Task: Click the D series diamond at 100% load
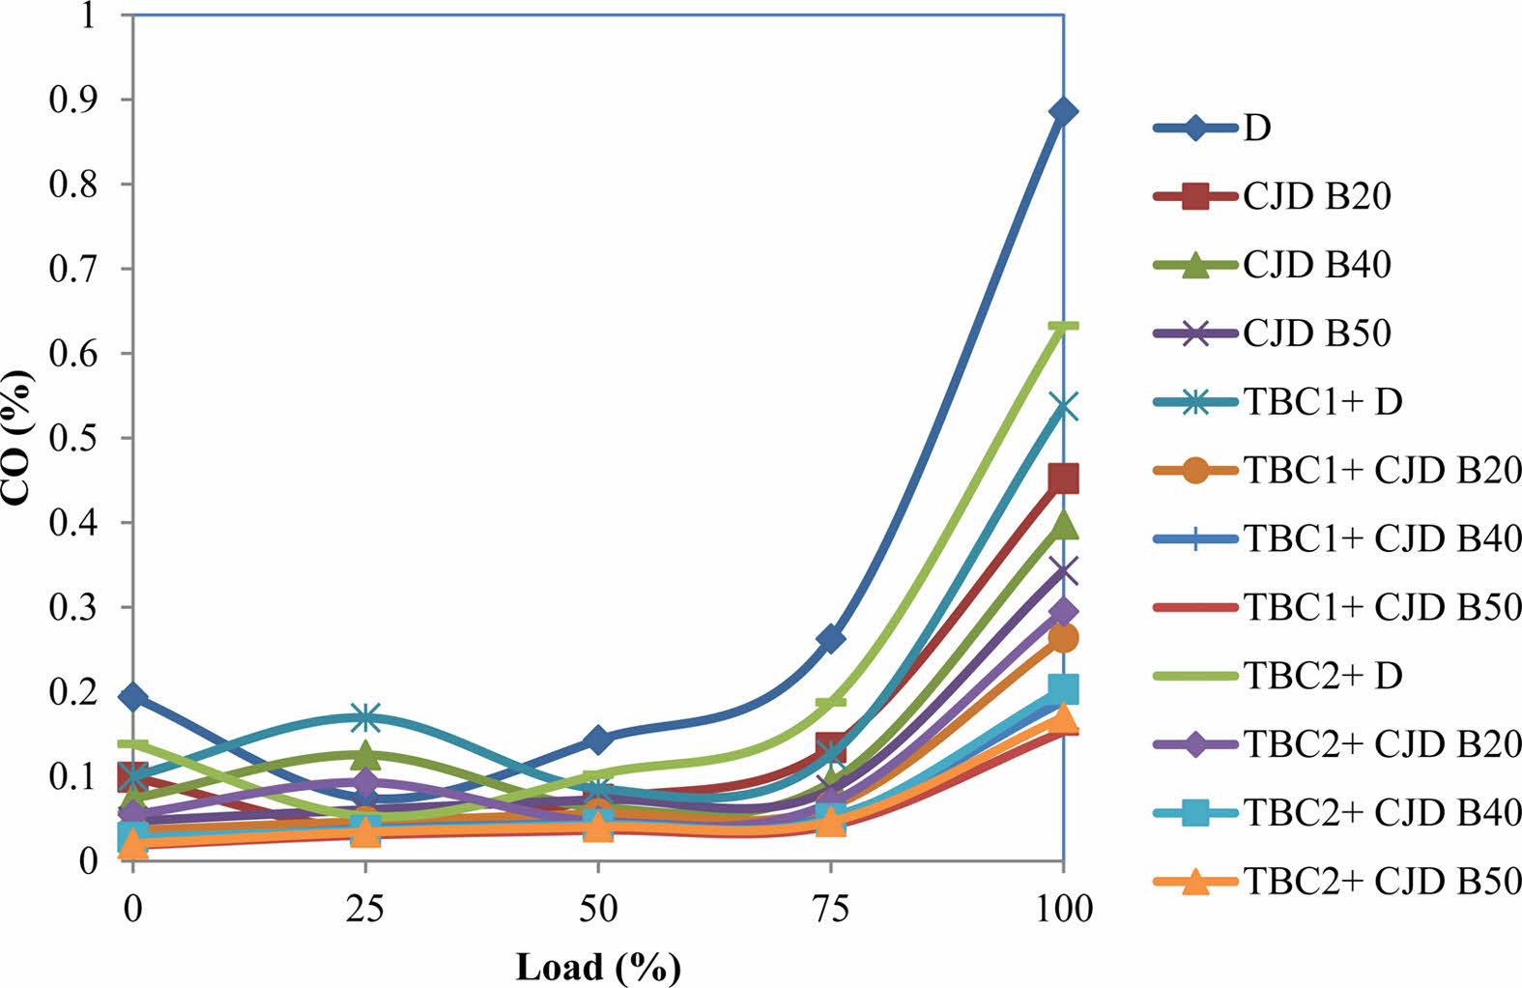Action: pos(1063,112)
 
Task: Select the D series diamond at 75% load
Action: pos(830,639)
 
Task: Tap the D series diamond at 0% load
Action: pos(133,697)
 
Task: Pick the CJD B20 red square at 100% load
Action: pos(1063,478)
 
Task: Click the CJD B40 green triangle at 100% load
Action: pos(1063,525)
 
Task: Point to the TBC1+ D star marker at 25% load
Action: pos(365,717)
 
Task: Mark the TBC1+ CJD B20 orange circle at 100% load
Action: pos(1063,638)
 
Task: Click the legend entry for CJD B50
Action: pos(1316,334)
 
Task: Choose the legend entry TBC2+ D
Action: pos(1322,676)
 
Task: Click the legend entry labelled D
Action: pos(1256,128)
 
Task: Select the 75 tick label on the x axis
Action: pos(830,909)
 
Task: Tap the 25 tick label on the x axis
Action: pos(365,909)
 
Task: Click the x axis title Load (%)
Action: pos(598,967)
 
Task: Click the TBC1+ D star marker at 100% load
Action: pos(1063,407)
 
